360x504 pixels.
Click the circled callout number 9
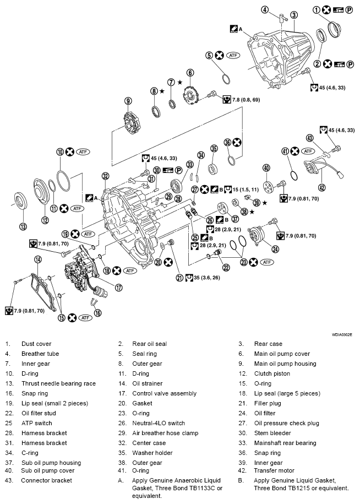click(x=128, y=101)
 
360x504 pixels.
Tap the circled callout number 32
click(x=105, y=176)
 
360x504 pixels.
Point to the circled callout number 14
click(x=37, y=259)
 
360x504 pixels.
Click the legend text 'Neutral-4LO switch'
click(x=159, y=423)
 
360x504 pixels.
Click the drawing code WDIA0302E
click(x=341, y=334)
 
